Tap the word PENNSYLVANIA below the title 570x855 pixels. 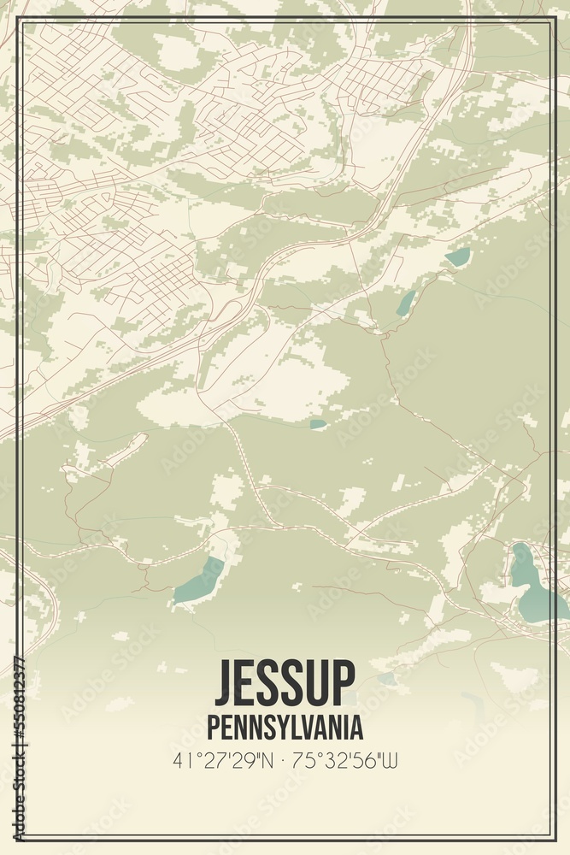(x=285, y=728)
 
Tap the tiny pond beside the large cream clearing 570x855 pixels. (x=318, y=423)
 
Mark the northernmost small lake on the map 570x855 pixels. (x=459, y=256)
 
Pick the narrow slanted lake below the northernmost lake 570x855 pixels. (x=406, y=303)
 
